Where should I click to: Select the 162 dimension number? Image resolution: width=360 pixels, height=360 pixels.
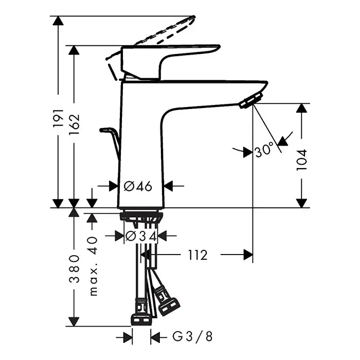75,124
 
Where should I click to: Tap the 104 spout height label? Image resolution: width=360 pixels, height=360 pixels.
302,160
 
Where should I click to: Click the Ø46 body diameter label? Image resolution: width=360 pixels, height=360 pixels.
138,186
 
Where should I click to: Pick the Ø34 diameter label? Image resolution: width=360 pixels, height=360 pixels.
141,236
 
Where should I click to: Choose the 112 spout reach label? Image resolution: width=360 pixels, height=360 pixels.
197,255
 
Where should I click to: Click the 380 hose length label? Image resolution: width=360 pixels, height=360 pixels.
75,268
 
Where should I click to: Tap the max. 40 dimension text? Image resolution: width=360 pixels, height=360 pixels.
93,266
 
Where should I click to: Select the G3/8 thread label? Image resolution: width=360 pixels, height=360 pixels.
192,337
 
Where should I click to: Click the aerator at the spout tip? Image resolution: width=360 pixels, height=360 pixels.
251,100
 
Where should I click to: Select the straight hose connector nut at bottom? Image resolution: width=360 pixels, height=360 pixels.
141,320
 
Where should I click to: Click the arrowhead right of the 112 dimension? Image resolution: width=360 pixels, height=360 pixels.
248,255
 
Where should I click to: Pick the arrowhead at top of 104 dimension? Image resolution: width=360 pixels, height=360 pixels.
301,108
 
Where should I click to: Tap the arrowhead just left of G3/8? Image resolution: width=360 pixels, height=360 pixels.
128,337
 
